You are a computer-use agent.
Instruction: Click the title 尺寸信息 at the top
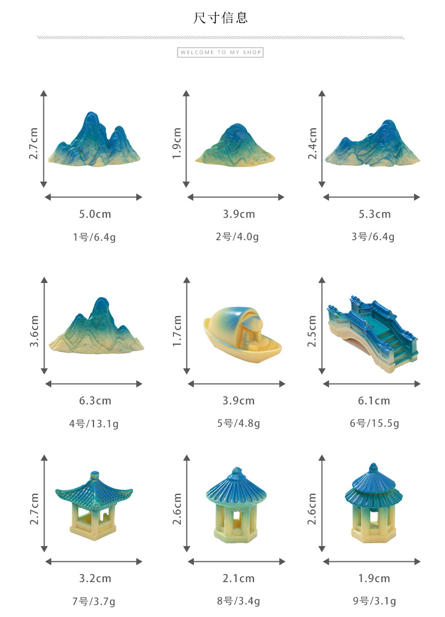pyautogui.click(x=221, y=18)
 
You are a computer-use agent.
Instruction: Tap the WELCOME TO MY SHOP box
pyautogui.click(x=221, y=52)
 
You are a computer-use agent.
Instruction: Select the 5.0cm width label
pyautogui.click(x=94, y=214)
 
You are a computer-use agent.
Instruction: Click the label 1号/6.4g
pyautogui.click(x=94, y=237)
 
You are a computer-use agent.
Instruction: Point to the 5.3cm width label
pyautogui.click(x=372, y=214)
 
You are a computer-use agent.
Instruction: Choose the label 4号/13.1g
pyautogui.click(x=94, y=424)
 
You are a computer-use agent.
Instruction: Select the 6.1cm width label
pyautogui.click(x=372, y=401)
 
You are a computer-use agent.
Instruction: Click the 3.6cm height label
pyautogui.click(x=34, y=331)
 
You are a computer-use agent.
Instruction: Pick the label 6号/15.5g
pyautogui.click(x=372, y=424)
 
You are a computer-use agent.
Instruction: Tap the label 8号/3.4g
pyautogui.click(x=237, y=601)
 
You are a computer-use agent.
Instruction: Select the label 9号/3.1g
pyautogui.click(x=372, y=601)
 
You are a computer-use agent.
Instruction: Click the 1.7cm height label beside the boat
pyautogui.click(x=177, y=331)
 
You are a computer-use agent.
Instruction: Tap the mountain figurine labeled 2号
pyautogui.click(x=235, y=145)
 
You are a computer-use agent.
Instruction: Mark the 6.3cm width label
pyautogui.click(x=94, y=401)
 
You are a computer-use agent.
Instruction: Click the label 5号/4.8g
pyautogui.click(x=237, y=424)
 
